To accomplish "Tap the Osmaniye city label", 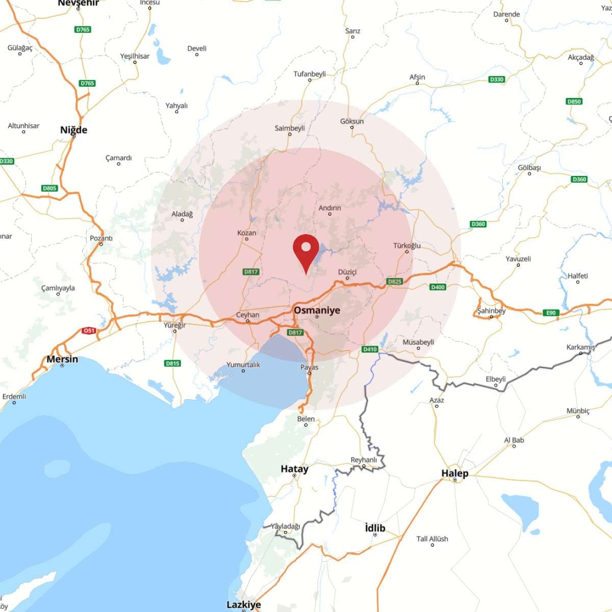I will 317,310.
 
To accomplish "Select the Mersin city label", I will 62,359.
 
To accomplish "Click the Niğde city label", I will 73,130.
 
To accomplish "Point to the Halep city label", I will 454,473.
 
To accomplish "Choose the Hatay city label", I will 294,469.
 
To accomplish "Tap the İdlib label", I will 375,528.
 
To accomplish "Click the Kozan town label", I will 247,233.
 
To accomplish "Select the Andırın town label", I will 329,208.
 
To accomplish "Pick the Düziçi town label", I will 347,272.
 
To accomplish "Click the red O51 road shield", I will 89,331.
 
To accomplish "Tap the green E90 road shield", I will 551,313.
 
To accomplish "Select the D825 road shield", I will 395,281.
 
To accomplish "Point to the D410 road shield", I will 370,349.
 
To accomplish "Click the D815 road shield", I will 172,364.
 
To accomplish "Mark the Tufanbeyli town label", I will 310,74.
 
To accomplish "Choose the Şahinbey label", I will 491,311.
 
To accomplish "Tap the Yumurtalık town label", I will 243,365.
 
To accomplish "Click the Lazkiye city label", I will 243,604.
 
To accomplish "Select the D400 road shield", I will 438,287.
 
